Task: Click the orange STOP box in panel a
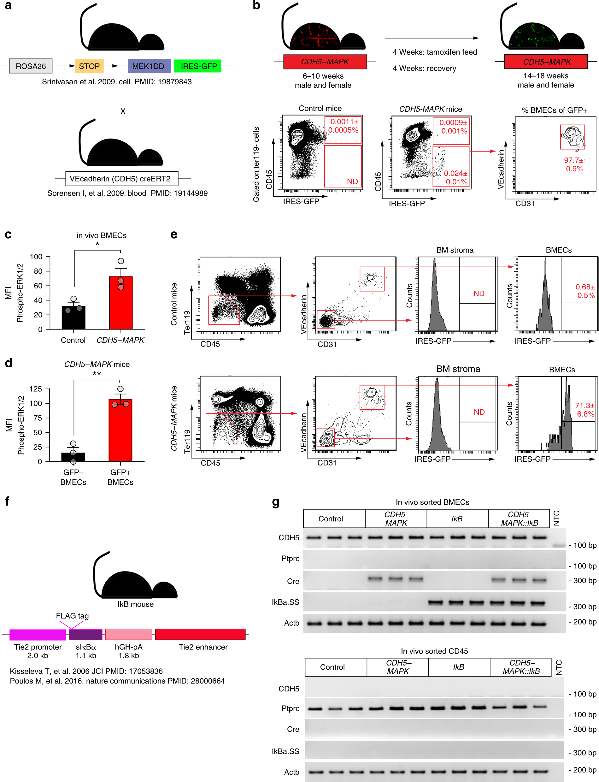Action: [89, 66]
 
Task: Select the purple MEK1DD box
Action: [149, 66]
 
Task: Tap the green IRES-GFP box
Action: [198, 66]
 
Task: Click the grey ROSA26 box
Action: [31, 66]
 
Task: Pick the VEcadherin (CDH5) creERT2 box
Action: [121, 179]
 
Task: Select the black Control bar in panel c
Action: [73, 317]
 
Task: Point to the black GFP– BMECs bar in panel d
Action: [73, 457]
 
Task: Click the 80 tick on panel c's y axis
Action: [38, 271]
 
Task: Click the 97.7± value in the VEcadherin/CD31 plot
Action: [574, 161]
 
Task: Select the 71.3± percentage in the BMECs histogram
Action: [585, 406]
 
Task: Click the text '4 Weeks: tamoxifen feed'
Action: [435, 52]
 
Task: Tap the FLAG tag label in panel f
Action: [72, 616]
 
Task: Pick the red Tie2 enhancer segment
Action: [200, 634]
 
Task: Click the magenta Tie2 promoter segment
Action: [38, 635]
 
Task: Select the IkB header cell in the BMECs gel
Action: [457, 519]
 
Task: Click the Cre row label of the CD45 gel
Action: [293, 729]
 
